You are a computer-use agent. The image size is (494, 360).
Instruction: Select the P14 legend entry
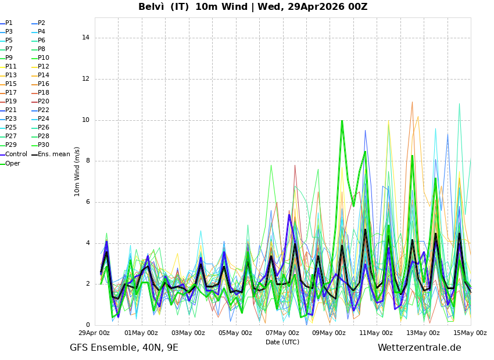[x=44, y=75]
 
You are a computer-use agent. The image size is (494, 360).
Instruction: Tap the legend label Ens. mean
[x=53, y=154]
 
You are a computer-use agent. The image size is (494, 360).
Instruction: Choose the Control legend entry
[x=16, y=154]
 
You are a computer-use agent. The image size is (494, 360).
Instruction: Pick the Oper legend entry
[x=13, y=164]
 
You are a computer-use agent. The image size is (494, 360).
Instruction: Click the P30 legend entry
[x=44, y=146]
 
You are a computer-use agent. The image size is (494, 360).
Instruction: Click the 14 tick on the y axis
[x=85, y=38]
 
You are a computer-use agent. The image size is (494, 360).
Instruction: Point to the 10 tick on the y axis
[x=85, y=120]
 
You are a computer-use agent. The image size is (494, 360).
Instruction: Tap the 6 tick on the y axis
[x=87, y=202]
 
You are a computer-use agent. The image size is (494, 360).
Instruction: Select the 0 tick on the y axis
[x=87, y=325]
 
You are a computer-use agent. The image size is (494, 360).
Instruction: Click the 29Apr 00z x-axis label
[x=94, y=333]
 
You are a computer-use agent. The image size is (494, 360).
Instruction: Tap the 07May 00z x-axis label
[x=282, y=333]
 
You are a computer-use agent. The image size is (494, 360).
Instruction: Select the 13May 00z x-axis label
[x=423, y=333]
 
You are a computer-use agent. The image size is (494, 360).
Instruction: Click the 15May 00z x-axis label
[x=470, y=333]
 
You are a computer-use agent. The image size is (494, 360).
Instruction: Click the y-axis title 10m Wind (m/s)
[x=77, y=171]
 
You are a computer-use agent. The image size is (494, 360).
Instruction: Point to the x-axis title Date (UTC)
[x=282, y=342]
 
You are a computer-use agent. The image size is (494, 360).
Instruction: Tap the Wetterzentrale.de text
[x=419, y=348]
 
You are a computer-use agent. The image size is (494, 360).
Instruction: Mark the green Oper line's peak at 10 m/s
[x=342, y=121]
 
